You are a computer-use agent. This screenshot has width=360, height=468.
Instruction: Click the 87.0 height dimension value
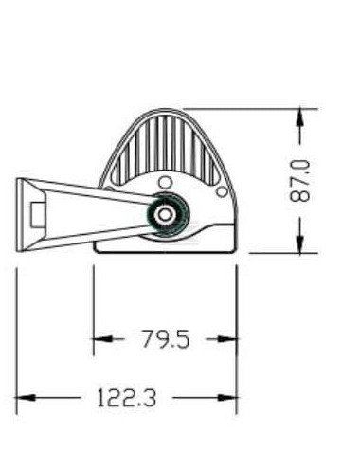tap(301, 180)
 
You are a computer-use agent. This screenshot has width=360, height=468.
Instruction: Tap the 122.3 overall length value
tap(125, 399)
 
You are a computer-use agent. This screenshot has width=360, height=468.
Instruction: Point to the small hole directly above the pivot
tap(166, 182)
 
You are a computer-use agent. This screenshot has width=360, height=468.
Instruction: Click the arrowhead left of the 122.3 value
tap(27, 399)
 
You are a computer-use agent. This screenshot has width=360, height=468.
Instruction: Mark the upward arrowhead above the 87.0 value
tap(300, 117)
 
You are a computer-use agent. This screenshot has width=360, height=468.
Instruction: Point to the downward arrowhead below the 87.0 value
tap(300, 244)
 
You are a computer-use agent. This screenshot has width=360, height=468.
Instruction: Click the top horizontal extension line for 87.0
tap(246, 108)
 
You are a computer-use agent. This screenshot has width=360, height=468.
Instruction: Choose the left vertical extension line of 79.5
tap(93, 303)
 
